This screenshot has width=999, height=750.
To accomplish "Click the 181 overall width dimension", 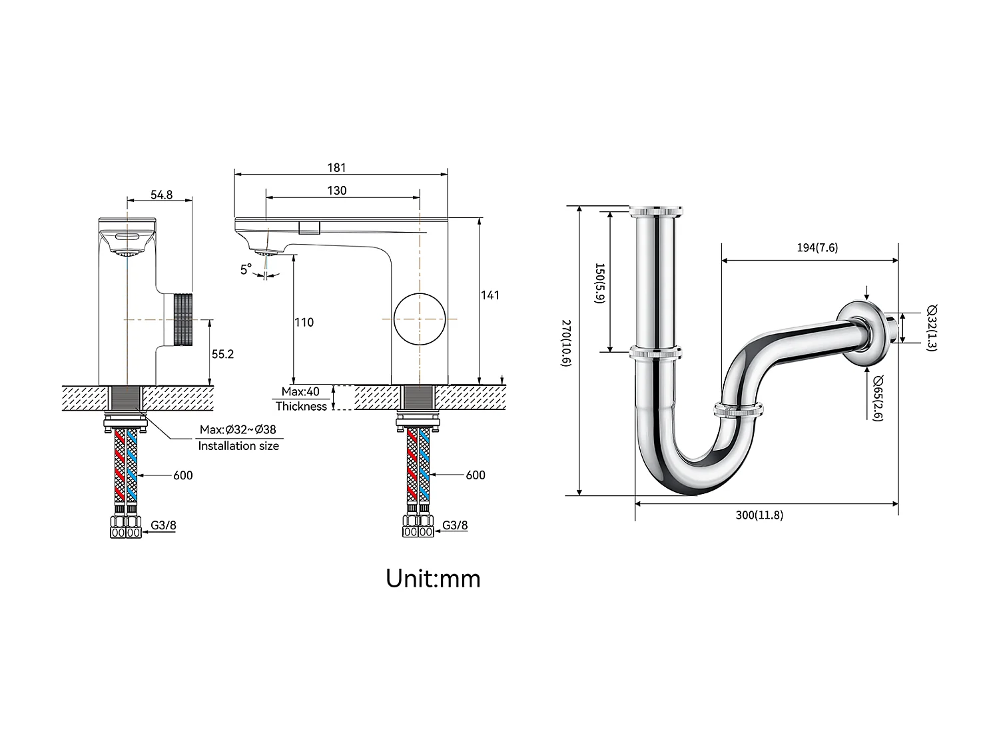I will (337, 168).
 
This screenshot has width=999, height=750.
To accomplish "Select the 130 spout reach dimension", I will (337, 191).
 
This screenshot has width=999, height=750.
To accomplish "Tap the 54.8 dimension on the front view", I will (161, 195).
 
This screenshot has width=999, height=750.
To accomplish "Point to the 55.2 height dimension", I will (223, 354).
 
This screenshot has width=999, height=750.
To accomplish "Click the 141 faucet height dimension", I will (490, 295).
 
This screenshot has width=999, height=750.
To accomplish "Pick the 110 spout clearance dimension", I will (304, 322).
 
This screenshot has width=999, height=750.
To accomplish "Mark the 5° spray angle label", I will (246, 269).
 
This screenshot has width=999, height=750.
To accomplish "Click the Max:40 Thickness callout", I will (301, 399).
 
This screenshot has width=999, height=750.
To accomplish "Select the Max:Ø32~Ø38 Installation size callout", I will (238, 438).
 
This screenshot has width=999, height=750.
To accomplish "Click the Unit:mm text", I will (433, 578).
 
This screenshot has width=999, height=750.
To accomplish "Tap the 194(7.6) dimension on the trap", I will (817, 248).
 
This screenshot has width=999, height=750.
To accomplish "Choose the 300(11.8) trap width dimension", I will (759, 515).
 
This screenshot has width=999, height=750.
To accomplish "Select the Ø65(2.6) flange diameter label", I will (878, 398).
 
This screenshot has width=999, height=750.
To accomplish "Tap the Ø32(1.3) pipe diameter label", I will (931, 328).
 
